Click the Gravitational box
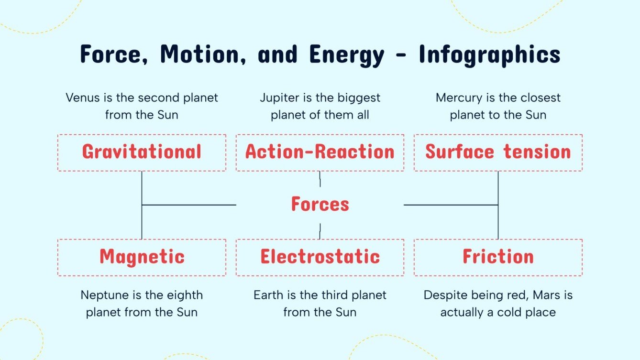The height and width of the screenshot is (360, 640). coord(142,153)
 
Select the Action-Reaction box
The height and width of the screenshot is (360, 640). coord(320,153)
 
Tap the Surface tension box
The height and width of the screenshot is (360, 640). coord(498,153)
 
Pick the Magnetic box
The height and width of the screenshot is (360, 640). coord(142,257)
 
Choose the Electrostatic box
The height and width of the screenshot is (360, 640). coord(320,257)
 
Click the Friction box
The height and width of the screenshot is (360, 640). coord(498,257)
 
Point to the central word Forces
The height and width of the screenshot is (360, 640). coord(320,205)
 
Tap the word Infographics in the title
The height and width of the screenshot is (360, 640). coord(489,55)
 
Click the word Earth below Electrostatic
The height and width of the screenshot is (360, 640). coord(268,295)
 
